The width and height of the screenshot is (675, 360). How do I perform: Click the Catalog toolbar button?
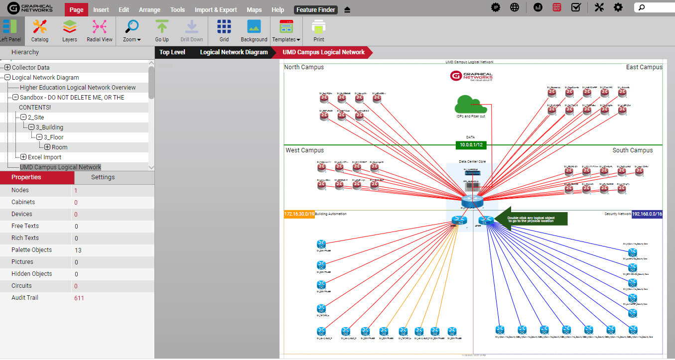coord(40,30)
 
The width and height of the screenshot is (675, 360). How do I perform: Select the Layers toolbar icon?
coord(70,30)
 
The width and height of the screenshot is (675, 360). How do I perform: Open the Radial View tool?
coord(100,30)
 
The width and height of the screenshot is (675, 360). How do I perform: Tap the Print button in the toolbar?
coord(319,30)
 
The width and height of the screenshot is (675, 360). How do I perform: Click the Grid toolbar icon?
coord(224,30)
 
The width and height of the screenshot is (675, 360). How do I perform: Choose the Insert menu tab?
coord(101,10)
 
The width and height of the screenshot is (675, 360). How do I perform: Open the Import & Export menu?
coord(216,10)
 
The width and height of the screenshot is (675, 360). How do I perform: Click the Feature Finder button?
coord(316,10)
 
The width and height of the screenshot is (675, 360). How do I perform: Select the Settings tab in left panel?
coord(103,177)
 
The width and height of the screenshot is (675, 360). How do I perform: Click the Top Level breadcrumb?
coord(172,52)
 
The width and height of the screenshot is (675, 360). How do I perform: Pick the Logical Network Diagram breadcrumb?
coord(234,52)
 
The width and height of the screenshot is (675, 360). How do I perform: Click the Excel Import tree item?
coord(44,157)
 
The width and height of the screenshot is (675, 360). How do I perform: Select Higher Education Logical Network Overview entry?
coord(78,88)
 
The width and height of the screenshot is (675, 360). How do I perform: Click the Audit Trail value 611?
coord(79,298)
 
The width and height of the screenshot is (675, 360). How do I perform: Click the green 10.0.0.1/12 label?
coord(471,145)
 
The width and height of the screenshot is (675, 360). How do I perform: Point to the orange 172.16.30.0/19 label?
coord(299,214)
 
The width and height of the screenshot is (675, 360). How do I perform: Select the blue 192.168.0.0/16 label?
coord(647,214)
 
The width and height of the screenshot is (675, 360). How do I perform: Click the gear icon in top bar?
coord(618,7)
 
